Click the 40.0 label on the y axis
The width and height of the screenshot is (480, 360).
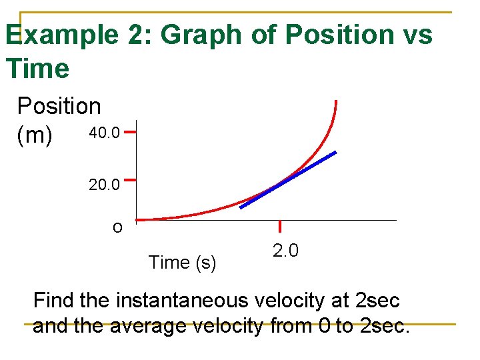[104, 133]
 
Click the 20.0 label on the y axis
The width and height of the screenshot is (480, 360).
[104, 183]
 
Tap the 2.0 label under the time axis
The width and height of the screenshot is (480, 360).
[285, 251]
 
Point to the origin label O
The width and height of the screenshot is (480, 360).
[117, 228]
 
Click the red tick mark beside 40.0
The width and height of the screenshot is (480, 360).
[130, 132]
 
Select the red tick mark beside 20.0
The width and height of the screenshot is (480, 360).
[130, 179]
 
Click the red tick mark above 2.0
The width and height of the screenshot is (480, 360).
[281, 226]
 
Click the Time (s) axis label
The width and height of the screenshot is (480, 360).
[182, 263]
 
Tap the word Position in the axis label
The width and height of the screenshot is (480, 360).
[59, 106]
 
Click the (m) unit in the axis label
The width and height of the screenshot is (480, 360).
[35, 135]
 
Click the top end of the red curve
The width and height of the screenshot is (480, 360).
[336, 102]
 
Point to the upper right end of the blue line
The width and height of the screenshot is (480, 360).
[335, 153]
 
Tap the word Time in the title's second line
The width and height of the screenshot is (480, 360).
[37, 68]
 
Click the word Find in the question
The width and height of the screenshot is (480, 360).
[53, 301]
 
